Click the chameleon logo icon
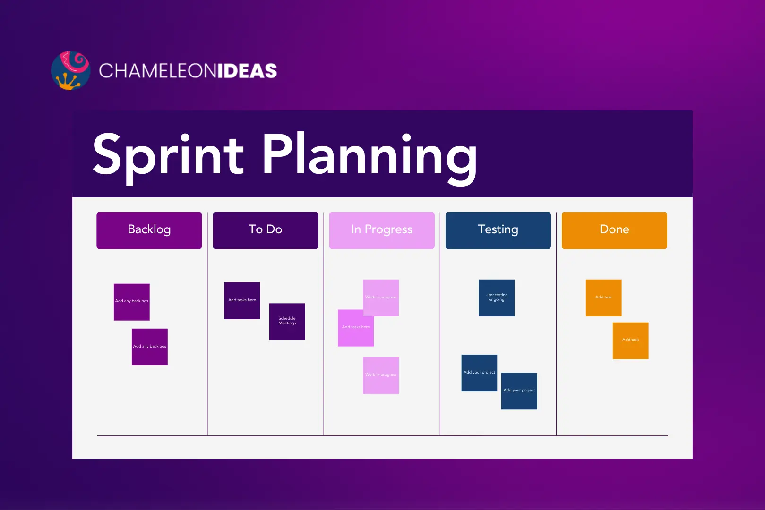(70, 71)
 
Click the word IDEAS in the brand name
(247, 71)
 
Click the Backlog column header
(149, 230)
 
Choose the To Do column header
(265, 230)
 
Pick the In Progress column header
(381, 230)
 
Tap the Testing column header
(498, 230)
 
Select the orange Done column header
(614, 230)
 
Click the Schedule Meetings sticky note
(287, 322)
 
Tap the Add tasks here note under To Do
(242, 300)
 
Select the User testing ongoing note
(496, 297)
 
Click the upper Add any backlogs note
(131, 302)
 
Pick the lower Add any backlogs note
(149, 347)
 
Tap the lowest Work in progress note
(380, 375)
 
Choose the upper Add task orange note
(603, 297)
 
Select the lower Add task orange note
(630, 340)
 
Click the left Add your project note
(479, 373)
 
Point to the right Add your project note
(519, 391)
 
